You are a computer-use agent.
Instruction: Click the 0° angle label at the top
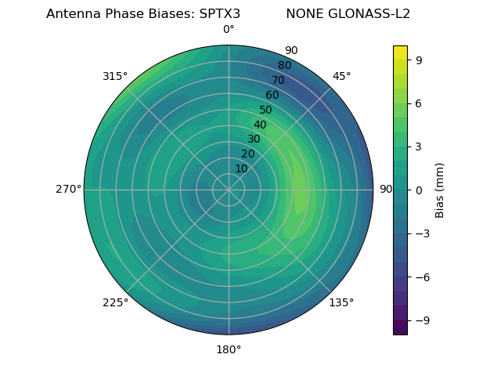[229, 30]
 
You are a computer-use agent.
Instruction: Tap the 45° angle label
[341, 76]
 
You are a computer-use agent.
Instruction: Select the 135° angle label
[341, 302]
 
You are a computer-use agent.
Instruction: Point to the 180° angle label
[229, 349]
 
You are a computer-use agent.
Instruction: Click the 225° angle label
[115, 302]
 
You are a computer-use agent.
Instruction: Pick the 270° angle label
[68, 190]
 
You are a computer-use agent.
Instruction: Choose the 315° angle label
[115, 76]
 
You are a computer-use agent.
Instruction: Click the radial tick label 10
[241, 168]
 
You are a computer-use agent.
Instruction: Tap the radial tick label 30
[254, 139]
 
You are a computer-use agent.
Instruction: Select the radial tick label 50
[265, 110]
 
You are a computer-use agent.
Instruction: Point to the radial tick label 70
[278, 81]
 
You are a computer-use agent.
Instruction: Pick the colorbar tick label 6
[420, 103]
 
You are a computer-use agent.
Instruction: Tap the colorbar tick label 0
[420, 190]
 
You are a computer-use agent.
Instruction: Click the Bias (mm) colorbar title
[440, 190]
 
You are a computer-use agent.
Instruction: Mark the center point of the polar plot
[229, 190]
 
